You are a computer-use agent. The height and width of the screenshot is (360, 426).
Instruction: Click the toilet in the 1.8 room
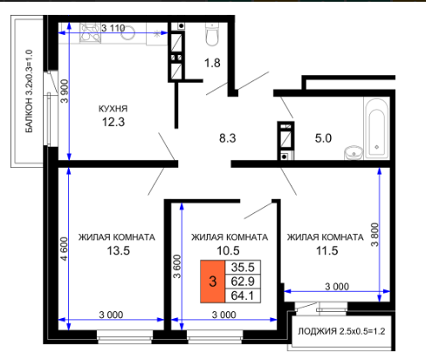(212, 34)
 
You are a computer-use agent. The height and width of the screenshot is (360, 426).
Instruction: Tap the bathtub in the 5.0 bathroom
(376, 128)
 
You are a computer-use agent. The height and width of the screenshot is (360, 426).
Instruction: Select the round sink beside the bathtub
(354, 153)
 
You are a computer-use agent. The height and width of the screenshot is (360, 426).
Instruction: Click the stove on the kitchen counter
(90, 33)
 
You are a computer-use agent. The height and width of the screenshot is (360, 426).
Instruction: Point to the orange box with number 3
(213, 281)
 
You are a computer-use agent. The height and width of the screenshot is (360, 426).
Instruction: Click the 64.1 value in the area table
(243, 295)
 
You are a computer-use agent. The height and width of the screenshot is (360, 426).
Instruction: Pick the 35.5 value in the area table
(243, 267)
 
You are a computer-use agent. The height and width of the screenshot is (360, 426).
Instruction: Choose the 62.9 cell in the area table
(243, 281)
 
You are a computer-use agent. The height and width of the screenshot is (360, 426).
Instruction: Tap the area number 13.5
(119, 251)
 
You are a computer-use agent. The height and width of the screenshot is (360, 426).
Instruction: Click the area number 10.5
(228, 251)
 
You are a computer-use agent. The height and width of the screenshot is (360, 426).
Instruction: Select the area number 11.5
(327, 251)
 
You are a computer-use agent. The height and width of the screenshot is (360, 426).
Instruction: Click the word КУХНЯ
(113, 108)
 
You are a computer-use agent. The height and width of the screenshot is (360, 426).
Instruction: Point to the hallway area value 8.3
(228, 138)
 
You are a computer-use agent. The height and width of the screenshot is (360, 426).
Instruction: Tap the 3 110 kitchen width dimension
(113, 28)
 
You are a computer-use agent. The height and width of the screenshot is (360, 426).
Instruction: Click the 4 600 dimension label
(64, 249)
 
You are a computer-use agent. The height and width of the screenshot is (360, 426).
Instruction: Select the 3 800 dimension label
(374, 235)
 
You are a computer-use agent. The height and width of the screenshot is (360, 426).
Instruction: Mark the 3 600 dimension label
(177, 267)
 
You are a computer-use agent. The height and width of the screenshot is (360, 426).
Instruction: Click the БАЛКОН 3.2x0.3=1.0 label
(29, 91)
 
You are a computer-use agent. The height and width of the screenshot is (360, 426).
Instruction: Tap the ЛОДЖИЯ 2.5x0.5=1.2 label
(341, 331)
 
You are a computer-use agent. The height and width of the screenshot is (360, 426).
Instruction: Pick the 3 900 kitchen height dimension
(65, 91)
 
